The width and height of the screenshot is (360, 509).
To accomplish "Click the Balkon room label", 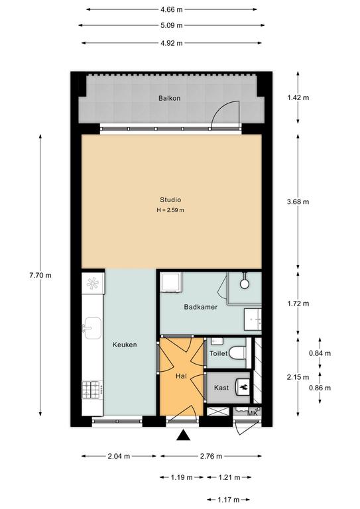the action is tap(170, 98).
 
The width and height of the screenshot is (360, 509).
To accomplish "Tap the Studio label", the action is tap(170, 200).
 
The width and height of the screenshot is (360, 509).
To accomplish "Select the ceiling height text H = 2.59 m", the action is tap(170, 210).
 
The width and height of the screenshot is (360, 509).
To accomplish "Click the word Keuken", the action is tap(125, 345).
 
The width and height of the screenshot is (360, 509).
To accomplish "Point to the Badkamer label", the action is tap(201, 307).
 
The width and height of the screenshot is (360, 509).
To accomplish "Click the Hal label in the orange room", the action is tap(181, 376).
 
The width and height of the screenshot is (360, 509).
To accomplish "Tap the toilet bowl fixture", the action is tap(237, 353).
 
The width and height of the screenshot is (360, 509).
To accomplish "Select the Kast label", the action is tap(221, 388).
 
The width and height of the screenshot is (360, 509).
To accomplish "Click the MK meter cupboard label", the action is tap(252, 414).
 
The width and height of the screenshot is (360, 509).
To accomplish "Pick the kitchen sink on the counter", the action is tap(92, 328).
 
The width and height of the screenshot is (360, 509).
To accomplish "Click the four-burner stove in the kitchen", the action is tap(93, 390).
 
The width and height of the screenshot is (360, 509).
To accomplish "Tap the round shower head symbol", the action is tap(245, 284).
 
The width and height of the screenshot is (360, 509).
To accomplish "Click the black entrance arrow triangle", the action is tap(183, 435).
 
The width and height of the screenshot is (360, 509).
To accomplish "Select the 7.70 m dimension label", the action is tap(40, 276).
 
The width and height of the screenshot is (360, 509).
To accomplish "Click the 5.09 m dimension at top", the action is tap(172, 25).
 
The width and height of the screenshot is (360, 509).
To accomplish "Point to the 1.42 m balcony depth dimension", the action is tap(298, 97).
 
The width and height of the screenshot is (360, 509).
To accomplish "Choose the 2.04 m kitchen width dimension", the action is tap(119, 456).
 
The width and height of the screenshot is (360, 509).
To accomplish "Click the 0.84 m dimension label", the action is tap(320, 353).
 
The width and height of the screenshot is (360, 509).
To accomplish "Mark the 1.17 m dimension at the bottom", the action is tap(229, 500).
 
